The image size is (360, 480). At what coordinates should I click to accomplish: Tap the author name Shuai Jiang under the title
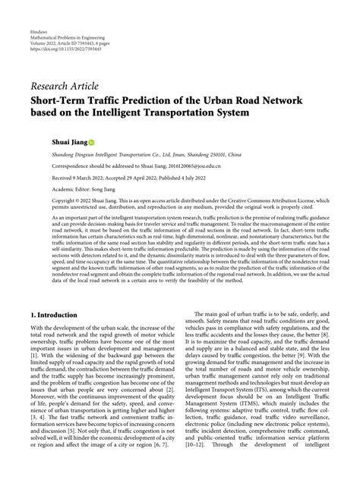point(68,142)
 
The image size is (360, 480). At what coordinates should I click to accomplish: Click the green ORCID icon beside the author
point(92,142)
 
